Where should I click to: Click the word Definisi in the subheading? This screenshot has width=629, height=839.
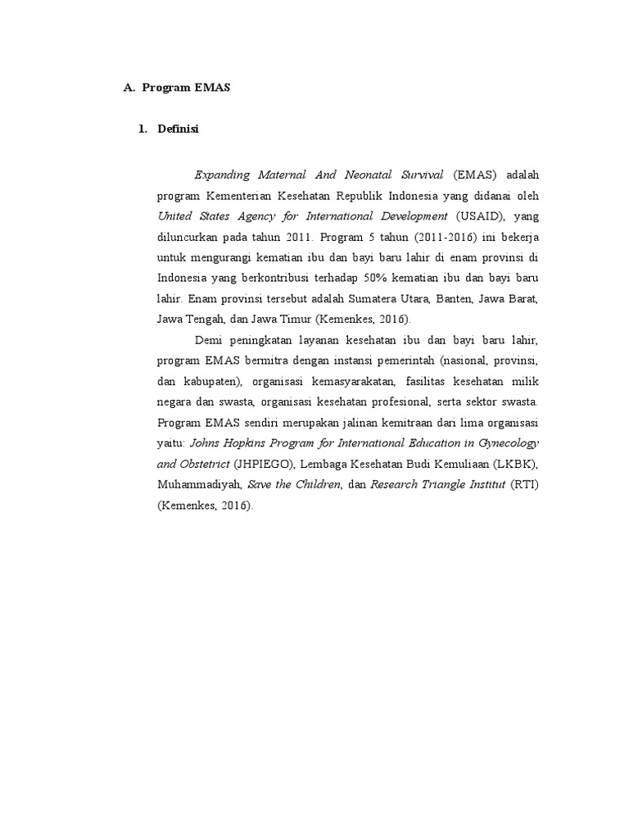click(x=179, y=129)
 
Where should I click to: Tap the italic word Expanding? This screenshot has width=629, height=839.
click(x=223, y=175)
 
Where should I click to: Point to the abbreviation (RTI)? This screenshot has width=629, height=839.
click(x=524, y=484)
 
